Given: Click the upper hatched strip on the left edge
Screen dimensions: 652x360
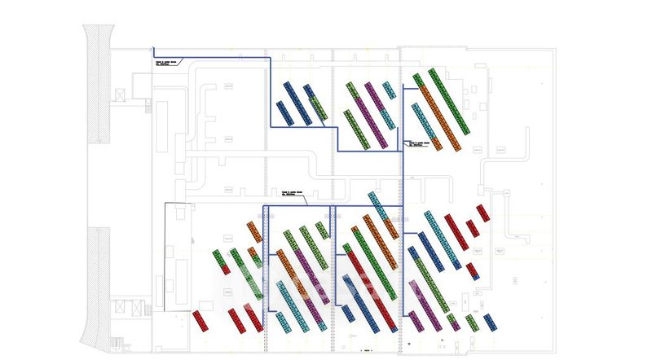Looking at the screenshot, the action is click(x=98, y=81).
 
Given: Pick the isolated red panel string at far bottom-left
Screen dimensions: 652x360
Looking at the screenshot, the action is click(x=201, y=319).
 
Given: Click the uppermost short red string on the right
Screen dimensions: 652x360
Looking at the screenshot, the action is click(x=482, y=213).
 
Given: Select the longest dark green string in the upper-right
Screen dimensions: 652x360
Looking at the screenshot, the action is click(x=449, y=101).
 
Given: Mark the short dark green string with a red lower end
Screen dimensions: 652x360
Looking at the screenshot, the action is click(x=219, y=261).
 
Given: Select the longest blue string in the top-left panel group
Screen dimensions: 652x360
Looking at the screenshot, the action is click(x=297, y=103).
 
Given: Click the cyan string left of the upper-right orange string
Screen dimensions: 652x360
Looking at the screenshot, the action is click(x=424, y=121).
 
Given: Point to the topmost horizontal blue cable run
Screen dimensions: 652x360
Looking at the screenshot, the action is click(x=212, y=58).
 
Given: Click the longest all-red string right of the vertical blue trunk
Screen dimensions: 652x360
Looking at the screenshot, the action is click(x=456, y=232).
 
